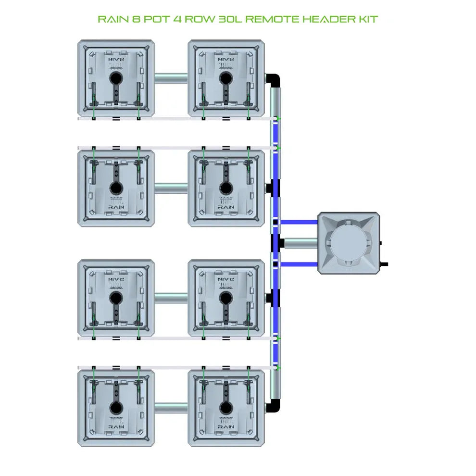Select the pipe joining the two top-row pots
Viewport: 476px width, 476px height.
coord(171,77)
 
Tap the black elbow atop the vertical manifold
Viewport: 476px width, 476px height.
coord(274,79)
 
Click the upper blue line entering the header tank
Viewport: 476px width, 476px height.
coord(299,222)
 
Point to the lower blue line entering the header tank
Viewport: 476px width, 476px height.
coord(299,264)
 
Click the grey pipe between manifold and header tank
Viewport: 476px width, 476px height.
coord(301,243)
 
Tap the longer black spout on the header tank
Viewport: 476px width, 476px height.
coord(384,263)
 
